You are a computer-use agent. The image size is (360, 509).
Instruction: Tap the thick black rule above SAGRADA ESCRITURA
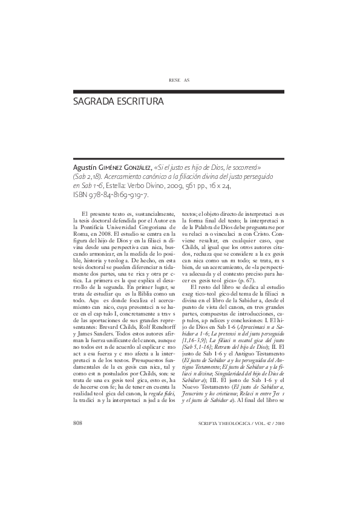(x=179, y=91)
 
